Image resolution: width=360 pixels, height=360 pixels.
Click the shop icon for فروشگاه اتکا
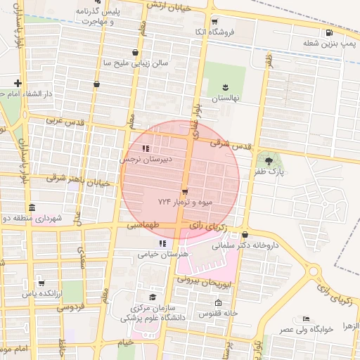(214, 21)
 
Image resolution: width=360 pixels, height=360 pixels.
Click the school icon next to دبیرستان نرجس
(145, 148)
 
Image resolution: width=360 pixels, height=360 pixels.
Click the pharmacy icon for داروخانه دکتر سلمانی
(245, 235)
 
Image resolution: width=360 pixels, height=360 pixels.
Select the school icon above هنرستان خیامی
(163, 243)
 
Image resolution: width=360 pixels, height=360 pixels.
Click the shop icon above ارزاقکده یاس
(41, 283)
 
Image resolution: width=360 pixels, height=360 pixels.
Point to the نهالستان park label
(226, 99)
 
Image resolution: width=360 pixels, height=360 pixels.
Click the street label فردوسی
(70, 307)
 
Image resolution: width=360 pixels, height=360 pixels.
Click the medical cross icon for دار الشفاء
(17, 83)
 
